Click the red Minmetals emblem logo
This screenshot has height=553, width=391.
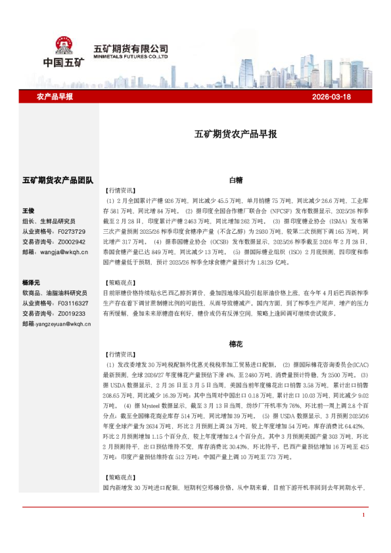(x=64, y=45)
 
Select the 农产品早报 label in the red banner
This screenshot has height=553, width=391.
(x=55, y=97)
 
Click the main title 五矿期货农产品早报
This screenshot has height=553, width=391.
(x=235, y=134)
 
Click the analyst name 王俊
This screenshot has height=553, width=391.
(x=28, y=211)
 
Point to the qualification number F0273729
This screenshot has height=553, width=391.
(x=72, y=232)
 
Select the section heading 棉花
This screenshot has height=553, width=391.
(x=236, y=343)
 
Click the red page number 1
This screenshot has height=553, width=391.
(x=363, y=514)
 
